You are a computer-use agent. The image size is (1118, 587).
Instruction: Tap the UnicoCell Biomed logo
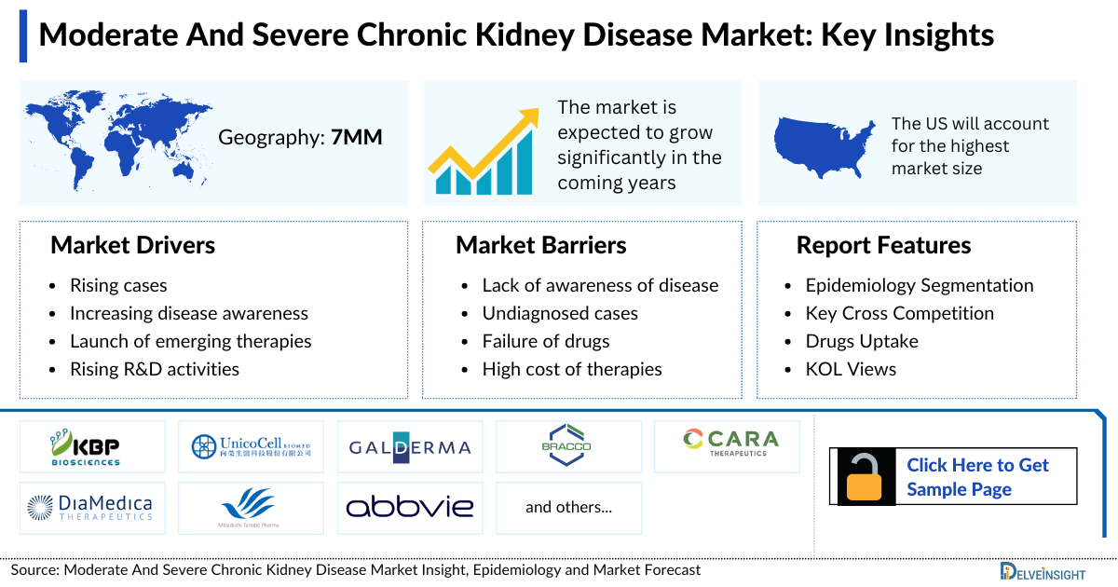click(x=252, y=446)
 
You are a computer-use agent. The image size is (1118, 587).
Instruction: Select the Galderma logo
click(x=410, y=446)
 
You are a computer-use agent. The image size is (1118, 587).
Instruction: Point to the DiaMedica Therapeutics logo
click(x=90, y=507)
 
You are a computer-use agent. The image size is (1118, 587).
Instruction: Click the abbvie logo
click(x=410, y=507)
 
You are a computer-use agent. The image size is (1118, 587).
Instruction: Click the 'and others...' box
click(x=568, y=507)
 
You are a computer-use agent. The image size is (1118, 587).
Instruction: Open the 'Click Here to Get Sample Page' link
click(x=977, y=477)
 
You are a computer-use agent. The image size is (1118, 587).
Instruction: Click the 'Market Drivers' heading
click(x=132, y=245)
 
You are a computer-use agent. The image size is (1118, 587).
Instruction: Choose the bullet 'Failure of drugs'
click(x=545, y=341)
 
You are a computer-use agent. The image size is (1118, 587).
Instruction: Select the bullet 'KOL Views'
click(x=851, y=369)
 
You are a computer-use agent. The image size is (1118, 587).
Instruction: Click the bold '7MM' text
click(x=357, y=138)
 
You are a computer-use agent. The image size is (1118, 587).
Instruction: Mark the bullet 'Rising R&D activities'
click(x=154, y=369)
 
